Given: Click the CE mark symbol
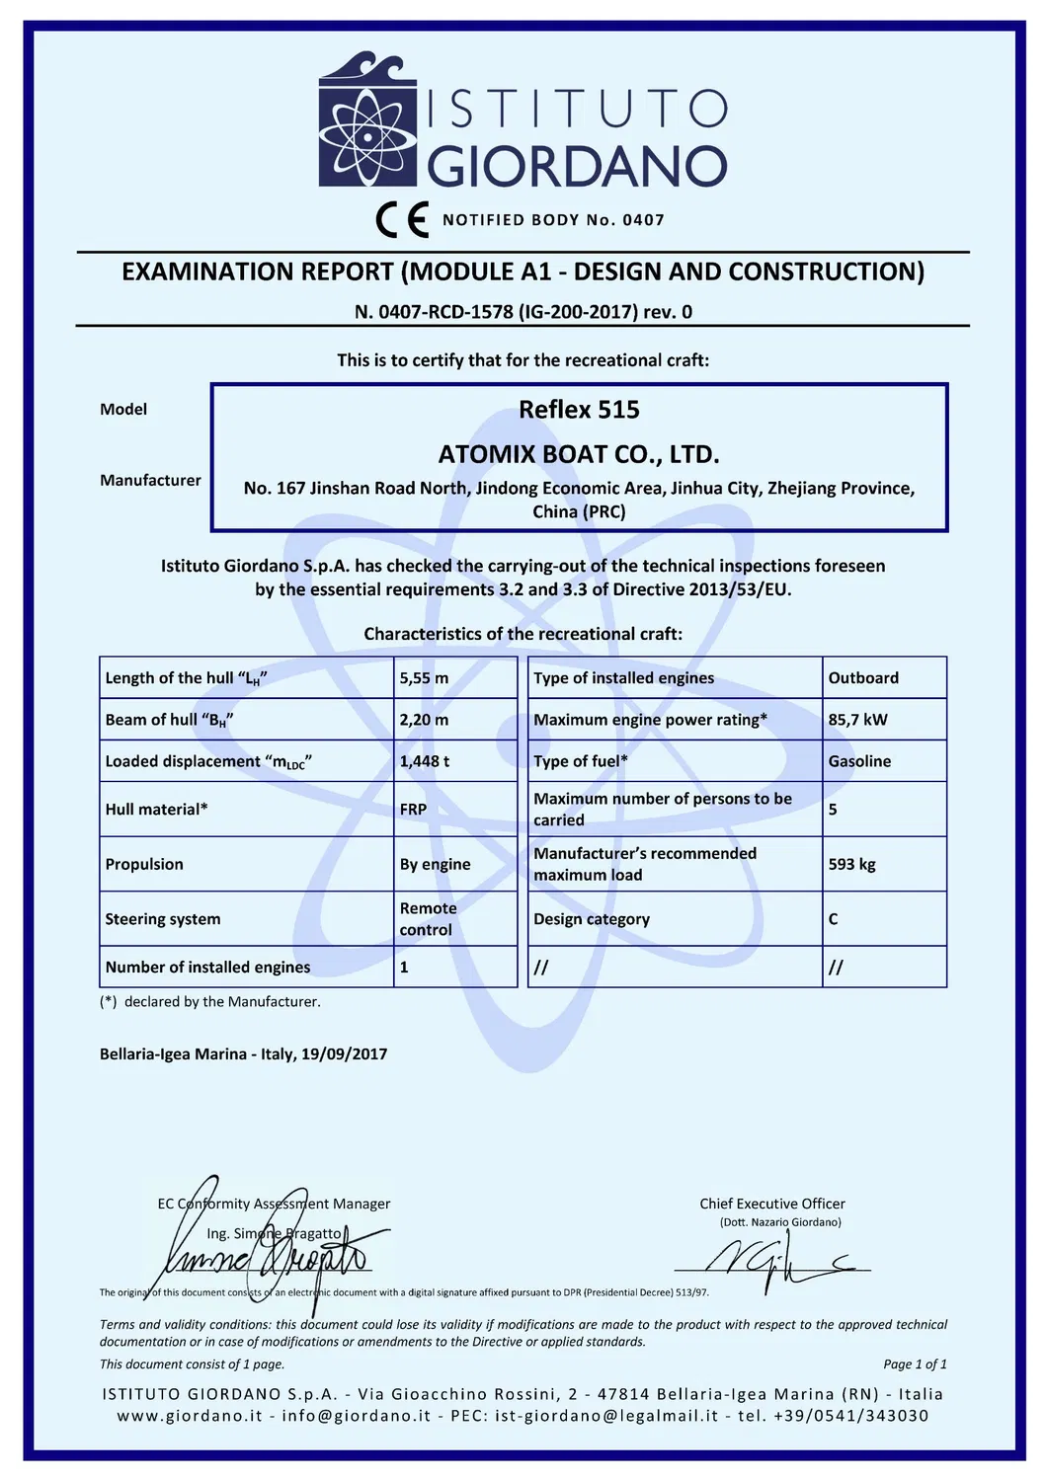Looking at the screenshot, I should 402,220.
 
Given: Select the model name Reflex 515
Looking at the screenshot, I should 579,410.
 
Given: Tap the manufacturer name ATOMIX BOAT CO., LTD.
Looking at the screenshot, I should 579,455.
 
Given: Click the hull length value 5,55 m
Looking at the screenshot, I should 424,678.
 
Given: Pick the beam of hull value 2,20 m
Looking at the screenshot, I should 424,720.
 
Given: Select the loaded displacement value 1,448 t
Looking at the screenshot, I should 425,761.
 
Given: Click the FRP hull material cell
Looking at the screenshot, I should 414,810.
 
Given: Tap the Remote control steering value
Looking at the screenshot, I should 428,919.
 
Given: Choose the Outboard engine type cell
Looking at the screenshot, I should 863,678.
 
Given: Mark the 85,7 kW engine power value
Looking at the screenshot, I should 857,720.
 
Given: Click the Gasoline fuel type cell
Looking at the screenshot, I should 859,761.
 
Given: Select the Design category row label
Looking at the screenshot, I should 592,919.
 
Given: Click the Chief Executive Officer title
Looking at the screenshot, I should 772,1204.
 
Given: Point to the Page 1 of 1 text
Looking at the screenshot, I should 915,1364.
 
